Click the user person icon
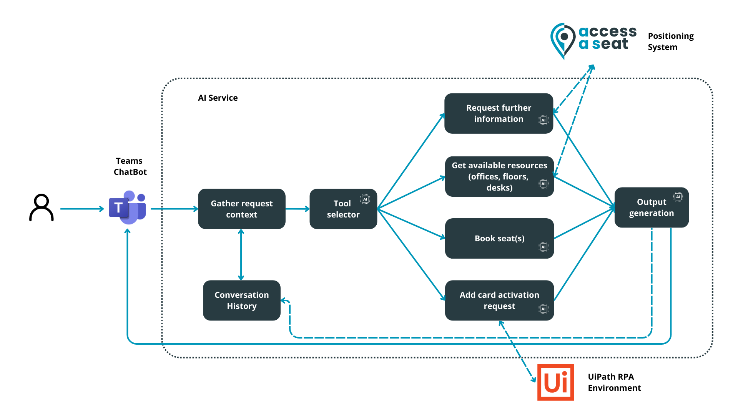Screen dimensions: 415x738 pos(42,207)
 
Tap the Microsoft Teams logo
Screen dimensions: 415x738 pos(128,207)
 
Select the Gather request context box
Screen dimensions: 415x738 pos(241,209)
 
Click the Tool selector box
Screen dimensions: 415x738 pos(343,209)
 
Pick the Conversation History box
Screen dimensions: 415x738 pos(241,300)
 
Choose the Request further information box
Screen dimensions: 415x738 pos(499,113)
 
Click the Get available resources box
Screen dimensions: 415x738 pos(499,176)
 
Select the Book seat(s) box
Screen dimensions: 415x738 pos(499,238)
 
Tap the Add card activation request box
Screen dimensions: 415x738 pos(499,300)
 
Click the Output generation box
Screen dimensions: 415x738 pos(651,207)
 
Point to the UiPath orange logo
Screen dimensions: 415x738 pos(555,382)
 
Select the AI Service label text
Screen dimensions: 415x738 pos(218,98)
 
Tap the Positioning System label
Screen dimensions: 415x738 pos(670,41)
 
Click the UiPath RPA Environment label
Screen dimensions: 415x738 pos(614,382)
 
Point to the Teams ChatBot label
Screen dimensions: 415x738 pos(130,166)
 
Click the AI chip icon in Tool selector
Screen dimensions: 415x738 pos(365,199)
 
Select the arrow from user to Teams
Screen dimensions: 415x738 pos(82,209)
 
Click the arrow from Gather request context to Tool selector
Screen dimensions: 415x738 pos(298,209)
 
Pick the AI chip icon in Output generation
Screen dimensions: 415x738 pos(678,197)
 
